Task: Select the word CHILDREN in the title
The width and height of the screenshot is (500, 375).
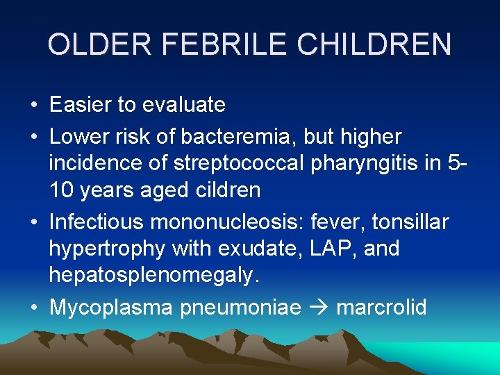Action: pos(374,44)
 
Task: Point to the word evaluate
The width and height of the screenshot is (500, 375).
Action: pos(184,105)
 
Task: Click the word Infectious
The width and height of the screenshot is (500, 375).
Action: pos(97,222)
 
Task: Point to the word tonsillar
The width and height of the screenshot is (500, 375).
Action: pos(412,222)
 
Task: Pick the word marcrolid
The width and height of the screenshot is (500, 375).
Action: pos(381,307)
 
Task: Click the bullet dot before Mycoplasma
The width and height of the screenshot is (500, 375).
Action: pos(34,308)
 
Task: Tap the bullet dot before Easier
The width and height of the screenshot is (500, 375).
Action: pos(34,106)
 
